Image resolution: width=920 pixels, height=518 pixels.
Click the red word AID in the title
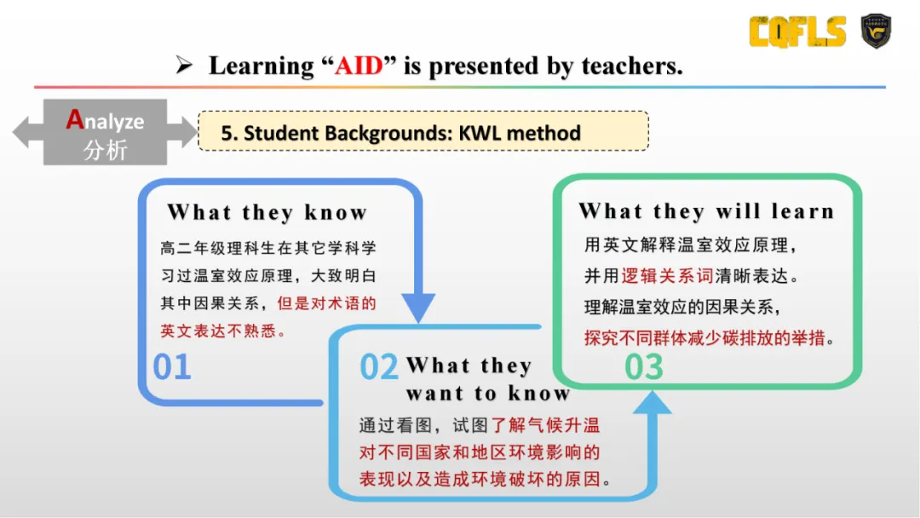tap(359, 66)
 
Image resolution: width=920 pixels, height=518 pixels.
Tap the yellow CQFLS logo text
tap(797, 31)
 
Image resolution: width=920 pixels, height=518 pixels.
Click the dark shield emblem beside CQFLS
tap(876, 31)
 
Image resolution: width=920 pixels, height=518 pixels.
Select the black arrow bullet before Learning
tap(184, 65)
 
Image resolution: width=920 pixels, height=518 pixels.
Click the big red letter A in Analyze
tap(74, 119)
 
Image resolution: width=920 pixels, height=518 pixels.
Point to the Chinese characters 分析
tap(105, 150)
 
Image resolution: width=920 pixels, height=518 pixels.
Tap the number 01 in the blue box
tap(172, 366)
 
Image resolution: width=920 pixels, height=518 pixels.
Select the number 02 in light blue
tap(379, 366)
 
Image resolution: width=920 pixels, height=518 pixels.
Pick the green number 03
tap(644, 367)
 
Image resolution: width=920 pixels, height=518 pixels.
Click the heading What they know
tap(267, 212)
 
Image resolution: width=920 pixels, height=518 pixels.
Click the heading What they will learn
tap(706, 211)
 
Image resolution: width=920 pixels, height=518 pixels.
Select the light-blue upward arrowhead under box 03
tap(652, 403)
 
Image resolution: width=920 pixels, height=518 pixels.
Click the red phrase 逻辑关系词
tap(667, 276)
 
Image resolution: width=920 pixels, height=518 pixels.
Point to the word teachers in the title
tap(632, 66)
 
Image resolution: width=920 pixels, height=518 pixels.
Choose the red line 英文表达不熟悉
tap(218, 331)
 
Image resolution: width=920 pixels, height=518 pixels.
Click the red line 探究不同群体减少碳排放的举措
tap(704, 338)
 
